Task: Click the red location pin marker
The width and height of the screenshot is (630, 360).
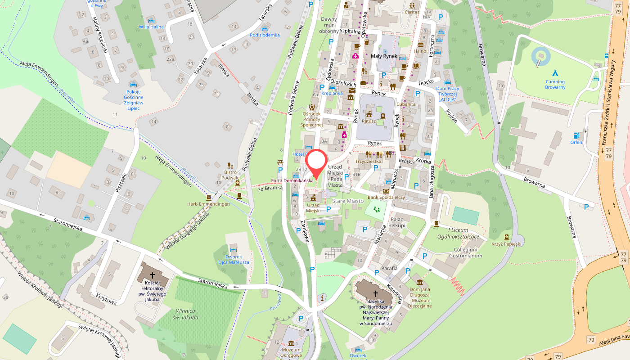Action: click(x=317, y=162)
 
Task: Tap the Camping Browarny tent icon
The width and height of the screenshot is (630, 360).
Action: click(x=555, y=72)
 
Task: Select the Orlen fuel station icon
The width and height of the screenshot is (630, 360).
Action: click(x=576, y=135)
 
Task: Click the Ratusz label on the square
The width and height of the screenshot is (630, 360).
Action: click(x=369, y=121)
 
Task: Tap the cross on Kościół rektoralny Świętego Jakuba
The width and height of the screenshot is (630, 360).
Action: click(x=152, y=275)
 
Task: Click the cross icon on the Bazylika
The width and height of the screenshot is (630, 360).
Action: click(x=375, y=293)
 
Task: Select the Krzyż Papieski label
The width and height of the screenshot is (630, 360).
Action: click(x=506, y=244)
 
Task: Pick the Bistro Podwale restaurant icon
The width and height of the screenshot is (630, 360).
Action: click(x=230, y=165)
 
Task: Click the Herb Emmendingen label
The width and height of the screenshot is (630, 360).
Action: click(x=208, y=204)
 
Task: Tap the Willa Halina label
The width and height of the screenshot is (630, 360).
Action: click(x=151, y=27)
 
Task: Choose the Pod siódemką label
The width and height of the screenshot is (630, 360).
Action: click(x=265, y=35)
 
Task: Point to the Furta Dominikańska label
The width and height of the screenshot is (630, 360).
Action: click(x=292, y=181)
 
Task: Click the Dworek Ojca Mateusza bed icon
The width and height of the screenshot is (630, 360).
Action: click(x=233, y=250)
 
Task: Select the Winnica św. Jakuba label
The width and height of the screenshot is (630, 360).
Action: click(x=186, y=314)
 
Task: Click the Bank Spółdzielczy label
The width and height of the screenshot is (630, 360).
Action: click(x=386, y=197)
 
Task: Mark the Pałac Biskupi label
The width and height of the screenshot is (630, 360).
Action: click(x=397, y=222)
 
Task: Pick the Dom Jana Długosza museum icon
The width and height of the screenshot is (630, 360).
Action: click(x=420, y=282)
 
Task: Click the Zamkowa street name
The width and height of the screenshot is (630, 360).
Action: click(x=305, y=232)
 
